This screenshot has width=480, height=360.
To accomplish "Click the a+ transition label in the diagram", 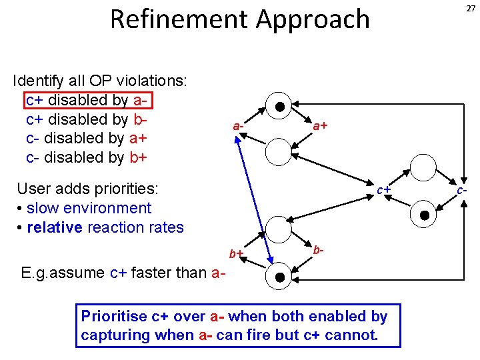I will (320, 125).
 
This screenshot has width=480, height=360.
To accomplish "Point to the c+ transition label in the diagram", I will (383, 190).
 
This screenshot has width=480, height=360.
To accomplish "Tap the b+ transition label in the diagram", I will (236, 253).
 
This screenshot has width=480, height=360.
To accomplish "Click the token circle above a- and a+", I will (279, 105).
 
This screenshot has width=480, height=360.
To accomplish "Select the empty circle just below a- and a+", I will (279, 151).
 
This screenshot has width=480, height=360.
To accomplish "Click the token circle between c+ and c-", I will (423, 214).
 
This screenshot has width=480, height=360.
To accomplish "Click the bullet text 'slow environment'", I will (89, 208).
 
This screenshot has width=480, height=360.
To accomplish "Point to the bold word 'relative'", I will (54, 227).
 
